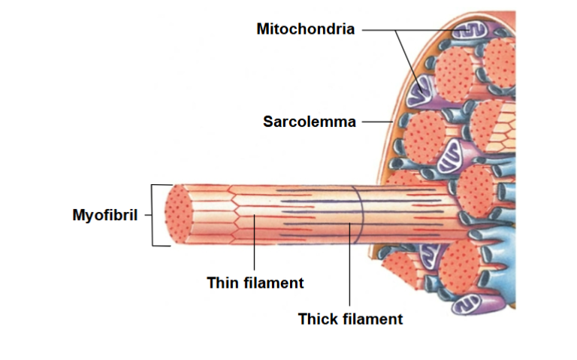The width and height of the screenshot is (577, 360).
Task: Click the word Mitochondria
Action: click(305, 29)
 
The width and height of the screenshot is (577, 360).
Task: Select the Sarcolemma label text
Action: click(309, 121)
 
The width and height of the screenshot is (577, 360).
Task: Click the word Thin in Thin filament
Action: click(222, 283)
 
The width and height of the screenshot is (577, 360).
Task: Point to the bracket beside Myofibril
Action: click(154, 215)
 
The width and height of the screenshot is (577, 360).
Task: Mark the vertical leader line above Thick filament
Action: click(350, 263)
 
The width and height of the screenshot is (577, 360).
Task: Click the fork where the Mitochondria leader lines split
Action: click(396, 30)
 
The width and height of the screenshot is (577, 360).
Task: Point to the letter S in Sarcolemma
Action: click(267, 121)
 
